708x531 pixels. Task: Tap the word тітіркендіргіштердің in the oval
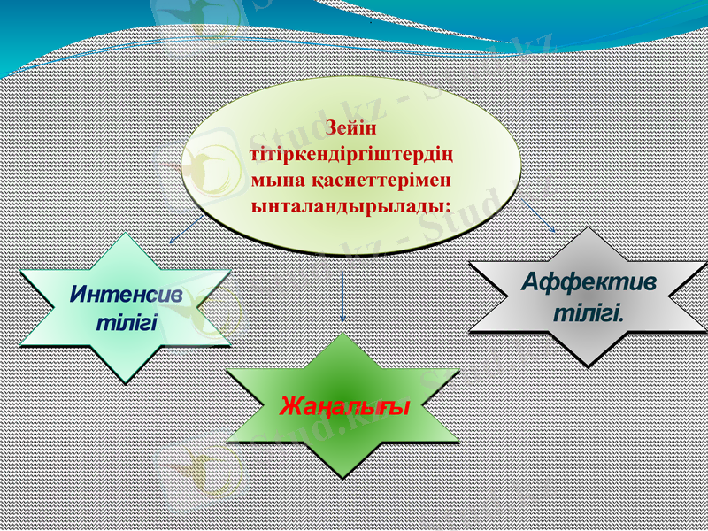[351, 154]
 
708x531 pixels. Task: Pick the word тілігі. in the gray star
[589, 312]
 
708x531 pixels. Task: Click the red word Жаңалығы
[343, 407]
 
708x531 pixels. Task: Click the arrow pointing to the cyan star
[185, 229]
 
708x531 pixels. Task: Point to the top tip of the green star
[343, 334]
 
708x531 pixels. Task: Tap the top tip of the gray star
[588, 228]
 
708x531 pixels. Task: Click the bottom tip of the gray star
[588, 366]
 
